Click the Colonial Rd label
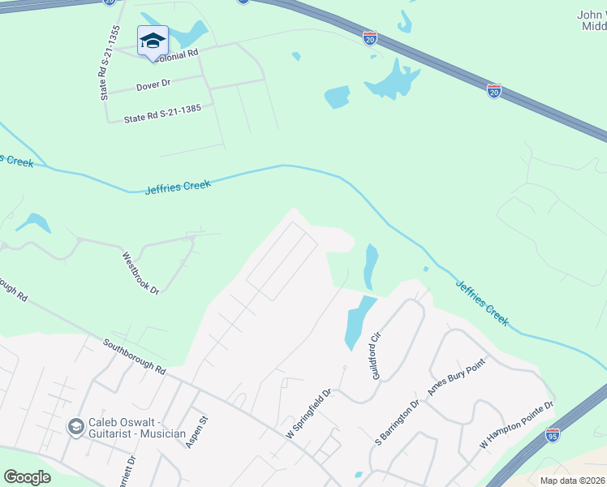(x=172, y=54)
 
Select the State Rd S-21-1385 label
(x=162, y=113)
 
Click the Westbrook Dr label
(x=140, y=273)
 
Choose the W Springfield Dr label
(x=309, y=414)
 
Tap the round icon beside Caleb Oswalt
(x=76, y=427)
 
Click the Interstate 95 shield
(x=553, y=434)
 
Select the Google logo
(x=27, y=477)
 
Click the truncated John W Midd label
(x=591, y=20)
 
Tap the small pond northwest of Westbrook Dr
(x=33, y=222)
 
